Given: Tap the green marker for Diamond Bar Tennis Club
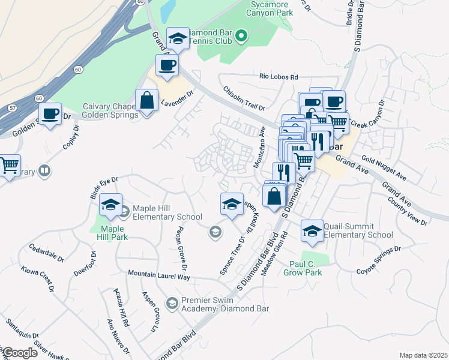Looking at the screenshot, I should pos(241,36).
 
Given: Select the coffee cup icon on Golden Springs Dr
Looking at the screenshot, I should pos(50,114).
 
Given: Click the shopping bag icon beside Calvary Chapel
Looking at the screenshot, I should pos(147,101).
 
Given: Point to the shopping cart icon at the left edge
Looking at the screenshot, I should pos(8,166).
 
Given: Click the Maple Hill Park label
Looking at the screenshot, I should pos(112,233).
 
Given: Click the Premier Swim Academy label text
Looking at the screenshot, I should pos(225,305).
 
